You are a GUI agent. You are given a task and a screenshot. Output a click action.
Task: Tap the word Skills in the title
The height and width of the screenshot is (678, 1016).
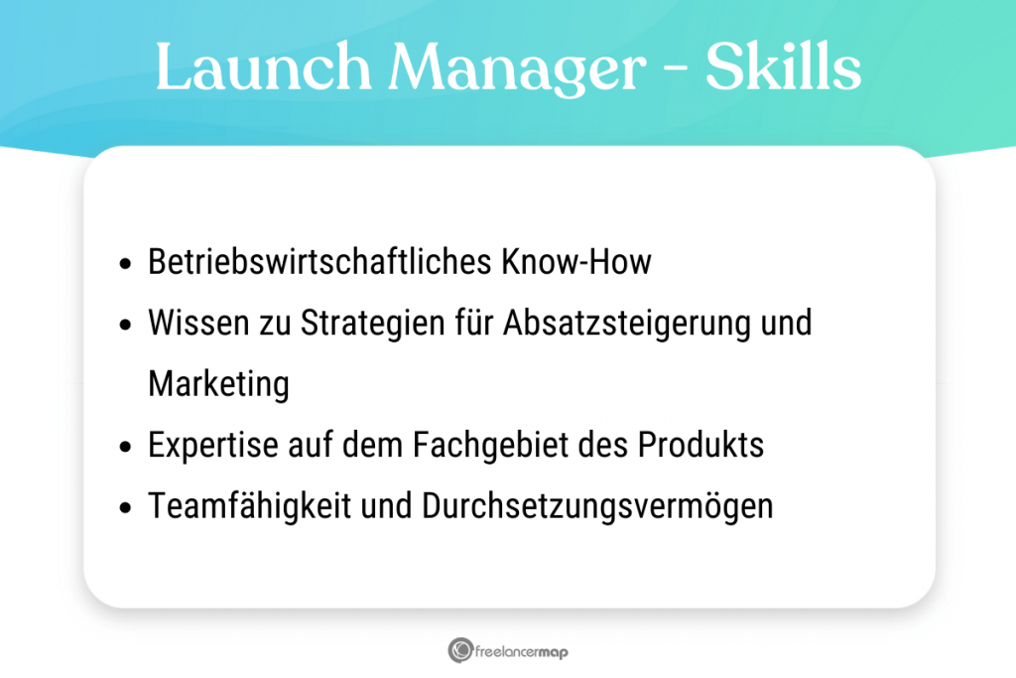point(783,70)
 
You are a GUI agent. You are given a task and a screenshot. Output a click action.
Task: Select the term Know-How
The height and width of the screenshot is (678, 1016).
point(577,262)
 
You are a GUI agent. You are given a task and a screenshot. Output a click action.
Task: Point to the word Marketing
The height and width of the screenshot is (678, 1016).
point(218,384)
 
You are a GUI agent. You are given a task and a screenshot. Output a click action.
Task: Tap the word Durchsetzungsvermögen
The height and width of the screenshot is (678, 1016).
point(597,506)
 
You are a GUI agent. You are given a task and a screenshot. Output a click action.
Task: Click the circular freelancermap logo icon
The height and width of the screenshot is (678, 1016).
point(460,651)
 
